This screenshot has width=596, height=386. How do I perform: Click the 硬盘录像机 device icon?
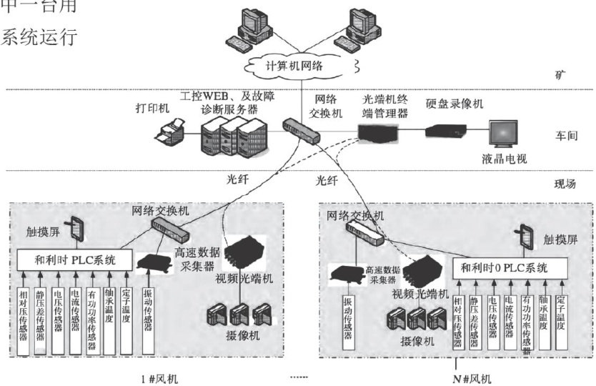[445, 129]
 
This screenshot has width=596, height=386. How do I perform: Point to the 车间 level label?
[565, 132]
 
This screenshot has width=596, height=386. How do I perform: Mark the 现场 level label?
[565, 184]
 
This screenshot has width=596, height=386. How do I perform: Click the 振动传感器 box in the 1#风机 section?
[148, 315]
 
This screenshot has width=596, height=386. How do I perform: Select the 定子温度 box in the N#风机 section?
[561, 315]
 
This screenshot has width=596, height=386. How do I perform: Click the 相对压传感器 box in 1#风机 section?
[24, 316]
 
